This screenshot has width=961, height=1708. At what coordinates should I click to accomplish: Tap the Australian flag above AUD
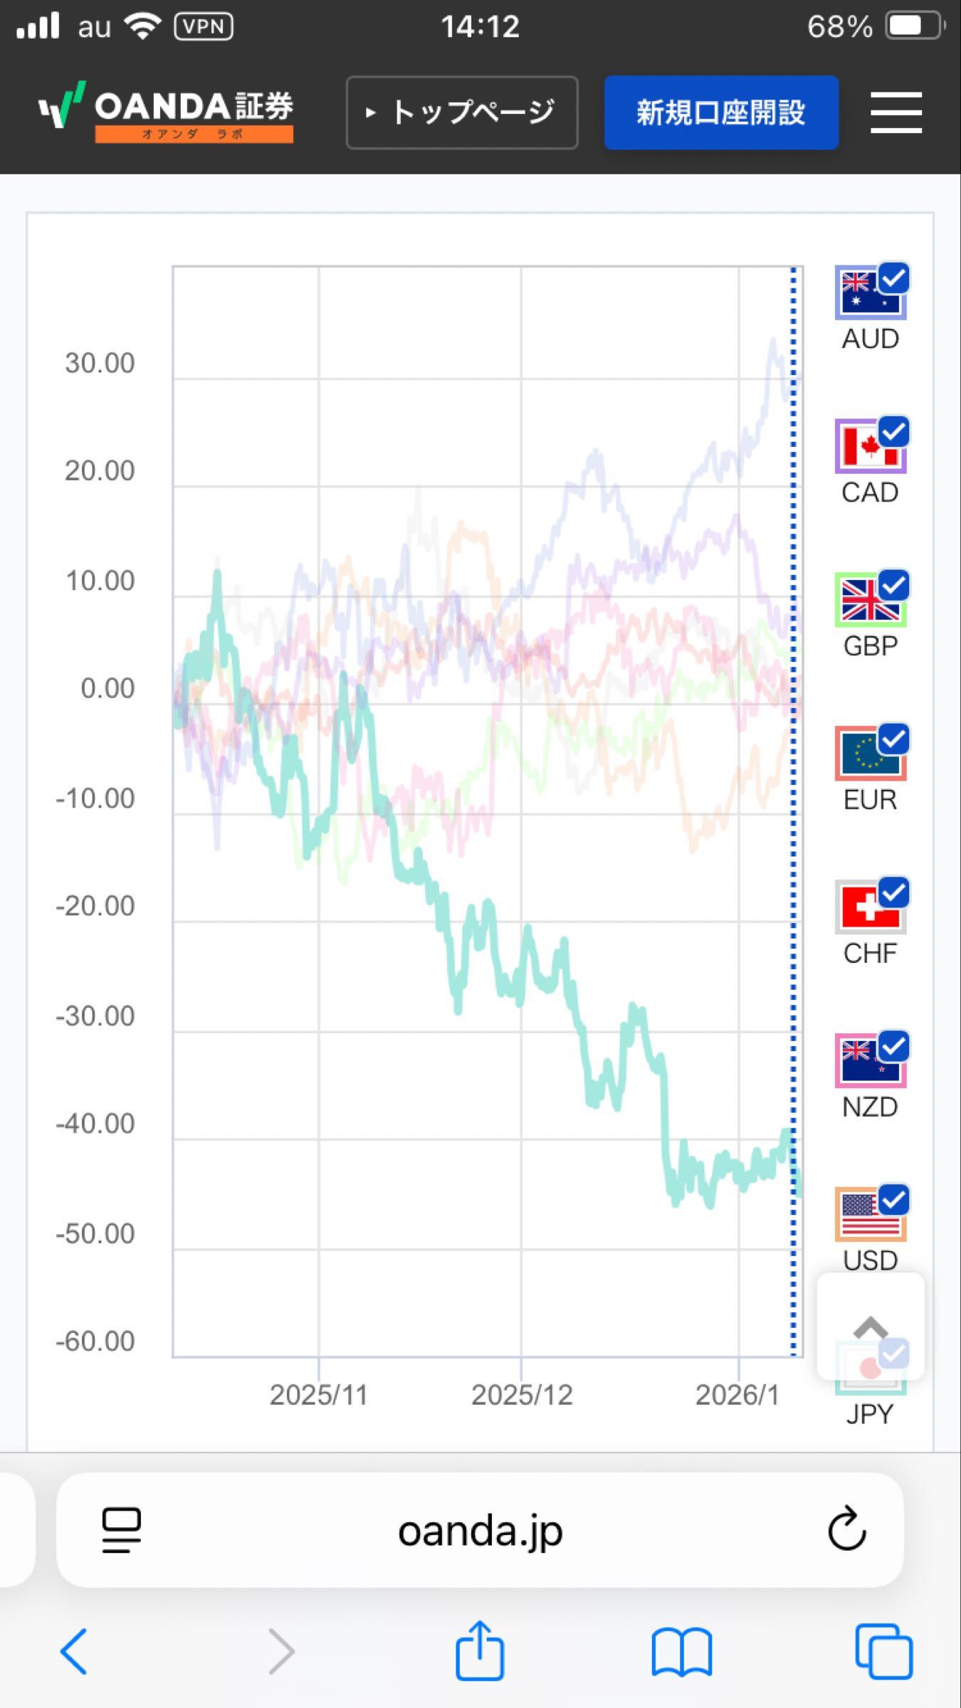point(869,293)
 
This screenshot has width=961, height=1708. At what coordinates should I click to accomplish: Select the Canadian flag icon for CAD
point(869,447)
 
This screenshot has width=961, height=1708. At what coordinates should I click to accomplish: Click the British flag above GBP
point(869,601)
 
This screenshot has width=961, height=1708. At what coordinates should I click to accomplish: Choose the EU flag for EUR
point(869,754)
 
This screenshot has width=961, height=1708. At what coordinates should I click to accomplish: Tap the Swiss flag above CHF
point(869,908)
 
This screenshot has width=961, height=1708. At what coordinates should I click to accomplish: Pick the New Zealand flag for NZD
point(869,1062)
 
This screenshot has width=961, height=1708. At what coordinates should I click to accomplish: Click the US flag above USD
point(869,1216)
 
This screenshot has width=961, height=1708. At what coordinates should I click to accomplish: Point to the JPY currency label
point(869,1413)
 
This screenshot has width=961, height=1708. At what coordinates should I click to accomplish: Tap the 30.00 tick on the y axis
point(100,363)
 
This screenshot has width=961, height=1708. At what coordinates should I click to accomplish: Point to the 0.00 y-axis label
point(107,688)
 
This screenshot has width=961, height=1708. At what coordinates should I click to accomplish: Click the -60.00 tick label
point(95,1341)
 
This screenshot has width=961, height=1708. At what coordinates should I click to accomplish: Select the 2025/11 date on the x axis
point(318,1395)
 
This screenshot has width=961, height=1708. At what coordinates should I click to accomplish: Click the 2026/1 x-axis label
point(737,1395)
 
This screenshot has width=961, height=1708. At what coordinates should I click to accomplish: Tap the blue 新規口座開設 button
point(720,112)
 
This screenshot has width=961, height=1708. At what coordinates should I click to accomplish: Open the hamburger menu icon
point(896,112)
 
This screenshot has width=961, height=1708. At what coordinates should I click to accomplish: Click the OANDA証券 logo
point(166,112)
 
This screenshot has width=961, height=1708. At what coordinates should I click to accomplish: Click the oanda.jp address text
point(480,1530)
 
